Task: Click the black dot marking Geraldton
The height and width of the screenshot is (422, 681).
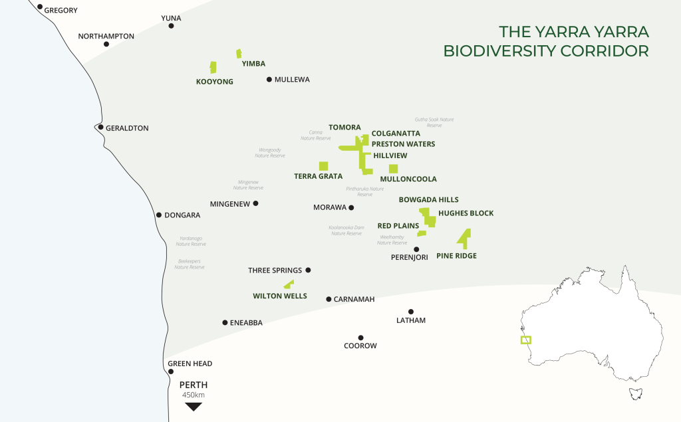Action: click(x=100, y=127)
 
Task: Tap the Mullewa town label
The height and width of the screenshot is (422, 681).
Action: click(x=292, y=80)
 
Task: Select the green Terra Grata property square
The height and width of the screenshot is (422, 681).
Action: click(x=323, y=166)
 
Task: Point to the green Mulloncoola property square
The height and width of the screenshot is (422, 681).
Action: click(x=393, y=169)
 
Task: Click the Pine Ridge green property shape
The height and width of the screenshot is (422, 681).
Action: click(x=464, y=238)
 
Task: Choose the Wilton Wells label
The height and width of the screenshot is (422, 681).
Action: click(x=280, y=296)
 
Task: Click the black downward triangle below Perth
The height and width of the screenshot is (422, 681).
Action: click(x=194, y=407)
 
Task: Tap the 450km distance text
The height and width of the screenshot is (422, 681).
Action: click(x=194, y=395)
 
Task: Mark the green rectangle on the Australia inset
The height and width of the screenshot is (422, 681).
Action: click(x=526, y=340)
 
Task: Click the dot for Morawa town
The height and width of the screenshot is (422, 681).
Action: click(x=351, y=207)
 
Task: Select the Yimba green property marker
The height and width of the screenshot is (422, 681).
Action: click(x=239, y=53)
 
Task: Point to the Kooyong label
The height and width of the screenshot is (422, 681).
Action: click(x=215, y=82)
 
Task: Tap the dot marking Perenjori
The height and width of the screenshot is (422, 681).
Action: click(x=416, y=249)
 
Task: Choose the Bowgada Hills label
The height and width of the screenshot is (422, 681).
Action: click(x=428, y=199)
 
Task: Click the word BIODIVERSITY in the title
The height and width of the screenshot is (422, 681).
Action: click(x=518, y=51)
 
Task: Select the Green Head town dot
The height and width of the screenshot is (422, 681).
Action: click(x=171, y=371)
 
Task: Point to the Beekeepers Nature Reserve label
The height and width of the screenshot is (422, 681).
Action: click(x=190, y=264)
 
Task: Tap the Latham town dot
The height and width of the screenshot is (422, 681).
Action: click(x=411, y=311)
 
